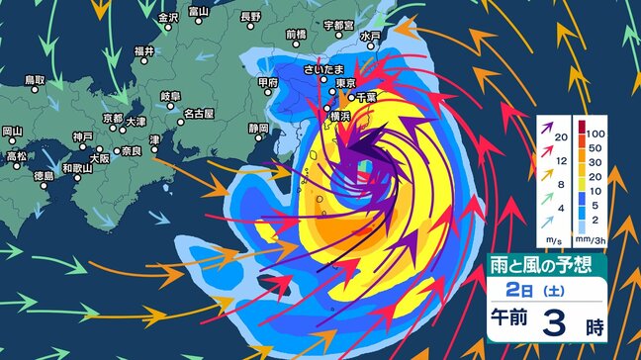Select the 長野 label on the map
(x=250, y=18)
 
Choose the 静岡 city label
(x=258, y=130)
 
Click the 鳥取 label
(x=35, y=79)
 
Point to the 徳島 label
(x=43, y=175)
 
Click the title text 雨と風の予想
(x=540, y=265)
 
